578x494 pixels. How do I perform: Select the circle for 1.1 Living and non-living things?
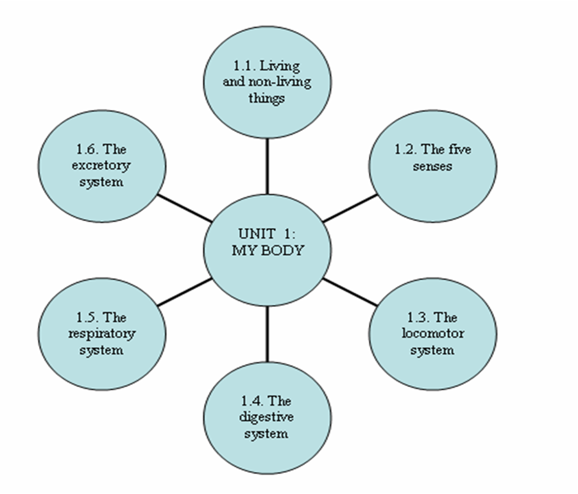pos(267,82)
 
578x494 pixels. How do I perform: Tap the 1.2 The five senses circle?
pos(432,165)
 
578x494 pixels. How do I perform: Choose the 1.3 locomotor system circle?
pos(432,334)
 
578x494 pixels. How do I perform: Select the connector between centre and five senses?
pos(350,208)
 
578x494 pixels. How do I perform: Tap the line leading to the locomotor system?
pos(350,292)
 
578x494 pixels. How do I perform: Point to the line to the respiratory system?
pos(185,292)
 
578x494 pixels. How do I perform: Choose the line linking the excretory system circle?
pos(185,208)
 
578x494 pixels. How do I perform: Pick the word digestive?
pos(266,417)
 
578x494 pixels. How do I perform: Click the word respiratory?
pos(101,334)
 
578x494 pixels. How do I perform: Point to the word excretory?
pos(101,166)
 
